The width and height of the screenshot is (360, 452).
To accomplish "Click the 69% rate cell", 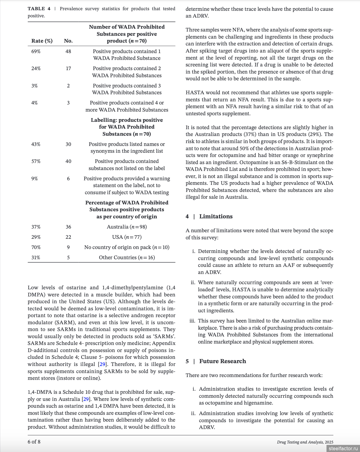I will coord(36,51).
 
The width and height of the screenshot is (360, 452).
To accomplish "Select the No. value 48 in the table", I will coord(68,51).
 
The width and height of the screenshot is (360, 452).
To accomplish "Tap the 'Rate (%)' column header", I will coord(42,41).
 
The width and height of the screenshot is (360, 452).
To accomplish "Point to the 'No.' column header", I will coord(68,41).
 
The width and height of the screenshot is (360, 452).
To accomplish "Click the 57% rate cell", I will coord(36,161).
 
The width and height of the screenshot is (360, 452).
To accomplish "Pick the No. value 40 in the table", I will coord(68,161).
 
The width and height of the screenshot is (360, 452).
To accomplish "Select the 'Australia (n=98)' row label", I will coord(127,227).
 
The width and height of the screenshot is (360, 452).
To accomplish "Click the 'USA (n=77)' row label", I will coord(127,237).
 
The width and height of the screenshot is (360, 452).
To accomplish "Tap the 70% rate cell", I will coord(36,247).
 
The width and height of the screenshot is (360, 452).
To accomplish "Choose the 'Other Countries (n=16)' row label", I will coord(127,258).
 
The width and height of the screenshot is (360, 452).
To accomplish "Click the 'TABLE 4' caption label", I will coord(39,9).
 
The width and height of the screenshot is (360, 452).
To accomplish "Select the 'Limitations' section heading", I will coord(216,216).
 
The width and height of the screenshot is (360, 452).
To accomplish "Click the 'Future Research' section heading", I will coord(223,361).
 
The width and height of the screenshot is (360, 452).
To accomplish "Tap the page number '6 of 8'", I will coord(34,441).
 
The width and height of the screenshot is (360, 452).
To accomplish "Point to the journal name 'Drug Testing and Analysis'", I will coord(300,442).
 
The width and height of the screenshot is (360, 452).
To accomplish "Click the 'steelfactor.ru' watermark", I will coord(343,448).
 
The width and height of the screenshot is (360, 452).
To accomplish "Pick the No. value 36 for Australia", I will coord(68,227).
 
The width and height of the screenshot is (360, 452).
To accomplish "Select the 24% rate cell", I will coord(36,68).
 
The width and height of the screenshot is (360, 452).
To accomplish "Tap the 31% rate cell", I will coord(36,258).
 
